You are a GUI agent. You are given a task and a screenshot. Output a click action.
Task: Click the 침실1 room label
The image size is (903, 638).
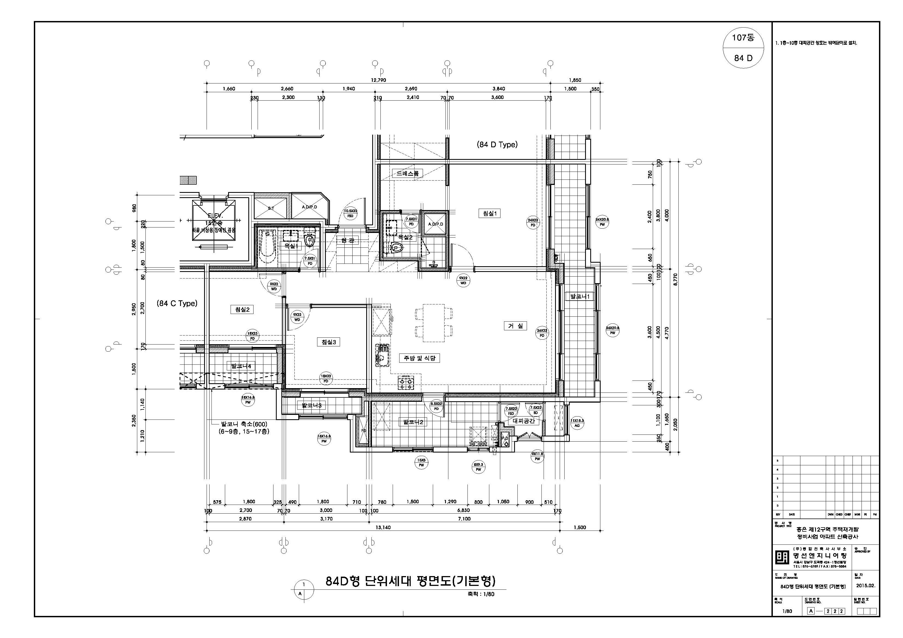[489, 214]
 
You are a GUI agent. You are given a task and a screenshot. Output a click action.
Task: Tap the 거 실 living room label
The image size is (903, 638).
[515, 326]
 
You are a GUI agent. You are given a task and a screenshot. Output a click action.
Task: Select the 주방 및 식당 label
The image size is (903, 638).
[419, 358]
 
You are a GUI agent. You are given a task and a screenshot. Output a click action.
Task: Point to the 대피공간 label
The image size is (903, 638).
[523, 421]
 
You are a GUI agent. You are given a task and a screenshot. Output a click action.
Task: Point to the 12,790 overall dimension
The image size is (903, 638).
[378, 80]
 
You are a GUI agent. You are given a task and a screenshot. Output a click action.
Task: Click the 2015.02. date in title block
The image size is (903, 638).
[866, 596]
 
